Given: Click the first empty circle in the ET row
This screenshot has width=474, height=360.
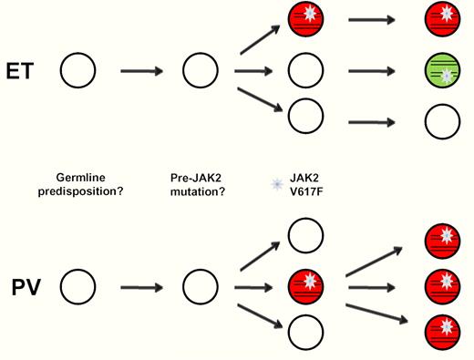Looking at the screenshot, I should [78, 70].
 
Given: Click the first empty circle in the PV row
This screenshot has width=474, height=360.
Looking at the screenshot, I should [78, 289].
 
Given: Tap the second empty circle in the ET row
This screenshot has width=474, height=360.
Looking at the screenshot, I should [200, 70].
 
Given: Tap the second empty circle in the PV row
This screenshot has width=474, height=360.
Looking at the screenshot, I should [200, 289].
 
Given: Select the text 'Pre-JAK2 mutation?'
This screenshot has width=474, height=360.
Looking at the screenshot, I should [200, 183].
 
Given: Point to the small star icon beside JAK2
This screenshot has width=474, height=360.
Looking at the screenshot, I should [277, 184].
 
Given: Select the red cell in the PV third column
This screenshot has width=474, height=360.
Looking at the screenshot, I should [304, 289].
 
